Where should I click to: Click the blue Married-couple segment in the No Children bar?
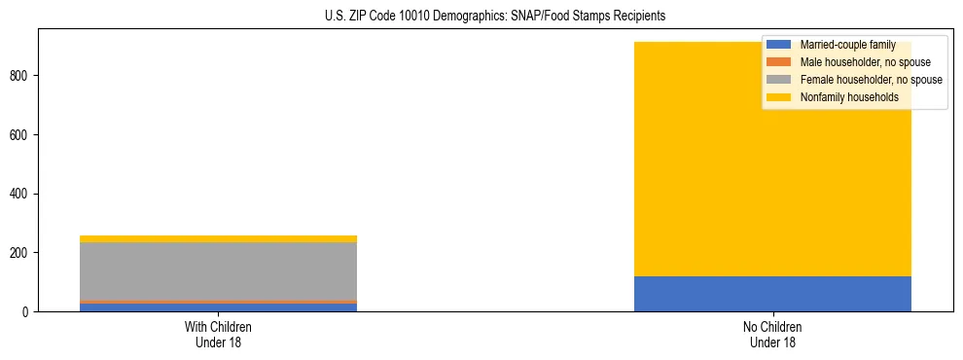point(772,294)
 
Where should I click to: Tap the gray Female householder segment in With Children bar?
point(218,270)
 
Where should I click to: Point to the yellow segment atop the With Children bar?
point(218,238)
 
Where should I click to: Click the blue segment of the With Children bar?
point(218,307)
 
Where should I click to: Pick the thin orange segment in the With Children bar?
point(218,302)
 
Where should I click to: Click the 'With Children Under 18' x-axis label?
point(218,335)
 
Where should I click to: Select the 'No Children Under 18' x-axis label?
point(772,335)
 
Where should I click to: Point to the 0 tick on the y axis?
point(28,312)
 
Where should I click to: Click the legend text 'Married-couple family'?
point(847,45)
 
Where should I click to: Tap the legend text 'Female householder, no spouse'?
point(871,80)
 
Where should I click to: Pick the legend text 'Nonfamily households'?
point(848,97)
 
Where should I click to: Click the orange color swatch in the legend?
point(779,62)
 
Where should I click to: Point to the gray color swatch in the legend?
point(779,80)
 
